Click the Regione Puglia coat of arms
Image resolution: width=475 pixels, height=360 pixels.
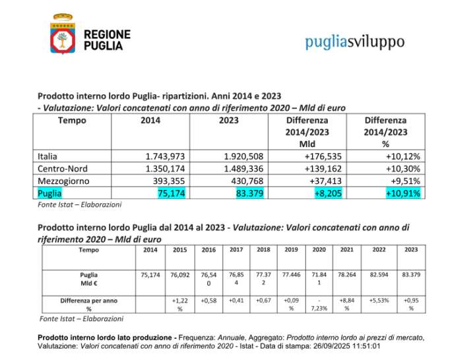pos(63,35)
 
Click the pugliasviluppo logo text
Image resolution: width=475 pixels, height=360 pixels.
pos(354,42)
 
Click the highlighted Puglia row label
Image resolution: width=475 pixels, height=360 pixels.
pos(50,193)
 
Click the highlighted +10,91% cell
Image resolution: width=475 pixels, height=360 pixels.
pos(403,193)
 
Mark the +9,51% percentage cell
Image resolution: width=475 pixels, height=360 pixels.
pos(404,180)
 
